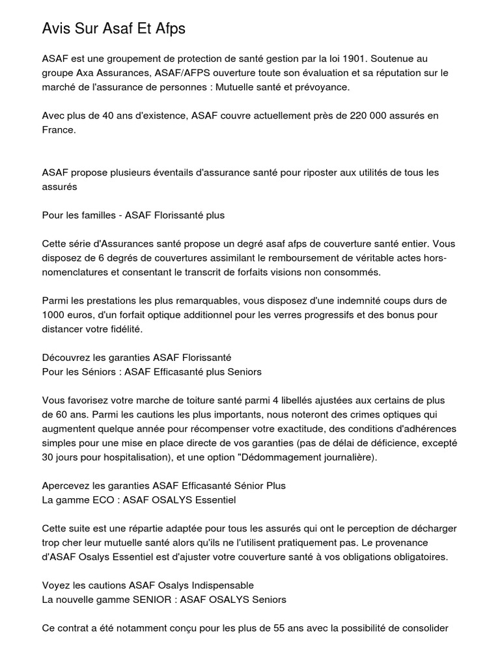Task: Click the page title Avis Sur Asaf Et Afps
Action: [114, 29]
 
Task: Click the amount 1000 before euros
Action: [53, 315]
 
